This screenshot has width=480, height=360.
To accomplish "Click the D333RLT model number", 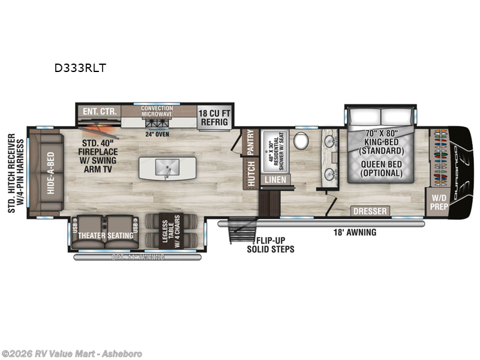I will click(x=80, y=68).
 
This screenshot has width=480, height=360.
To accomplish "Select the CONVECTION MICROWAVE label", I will click(x=157, y=112).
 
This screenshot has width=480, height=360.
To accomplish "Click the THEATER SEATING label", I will click(x=105, y=235).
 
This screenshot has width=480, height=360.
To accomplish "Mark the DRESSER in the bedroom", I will click(x=369, y=211).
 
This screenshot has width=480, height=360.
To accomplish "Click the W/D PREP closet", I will click(x=438, y=202).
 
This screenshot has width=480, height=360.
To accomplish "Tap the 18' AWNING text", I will click(x=355, y=232).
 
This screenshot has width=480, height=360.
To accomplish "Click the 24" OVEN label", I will click(x=157, y=134).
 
